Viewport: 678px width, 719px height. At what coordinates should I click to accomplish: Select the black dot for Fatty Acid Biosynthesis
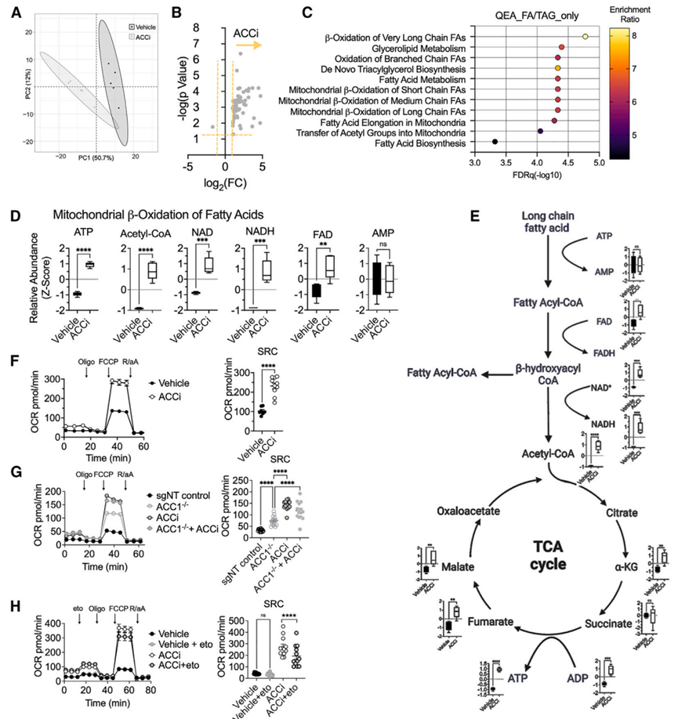[495, 142]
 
